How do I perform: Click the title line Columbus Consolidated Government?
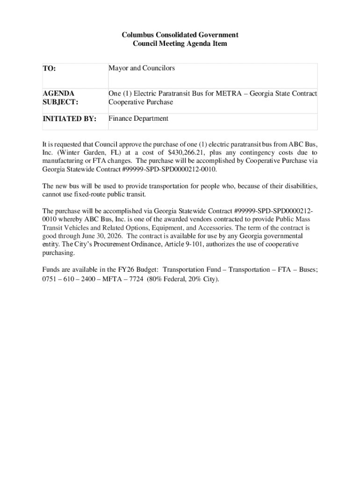(180, 35)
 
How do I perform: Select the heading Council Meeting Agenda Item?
(180, 44)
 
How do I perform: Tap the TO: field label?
(49, 69)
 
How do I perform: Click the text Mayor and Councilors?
(142, 68)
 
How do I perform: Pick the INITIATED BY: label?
(69, 119)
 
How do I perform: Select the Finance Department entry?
(138, 118)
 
